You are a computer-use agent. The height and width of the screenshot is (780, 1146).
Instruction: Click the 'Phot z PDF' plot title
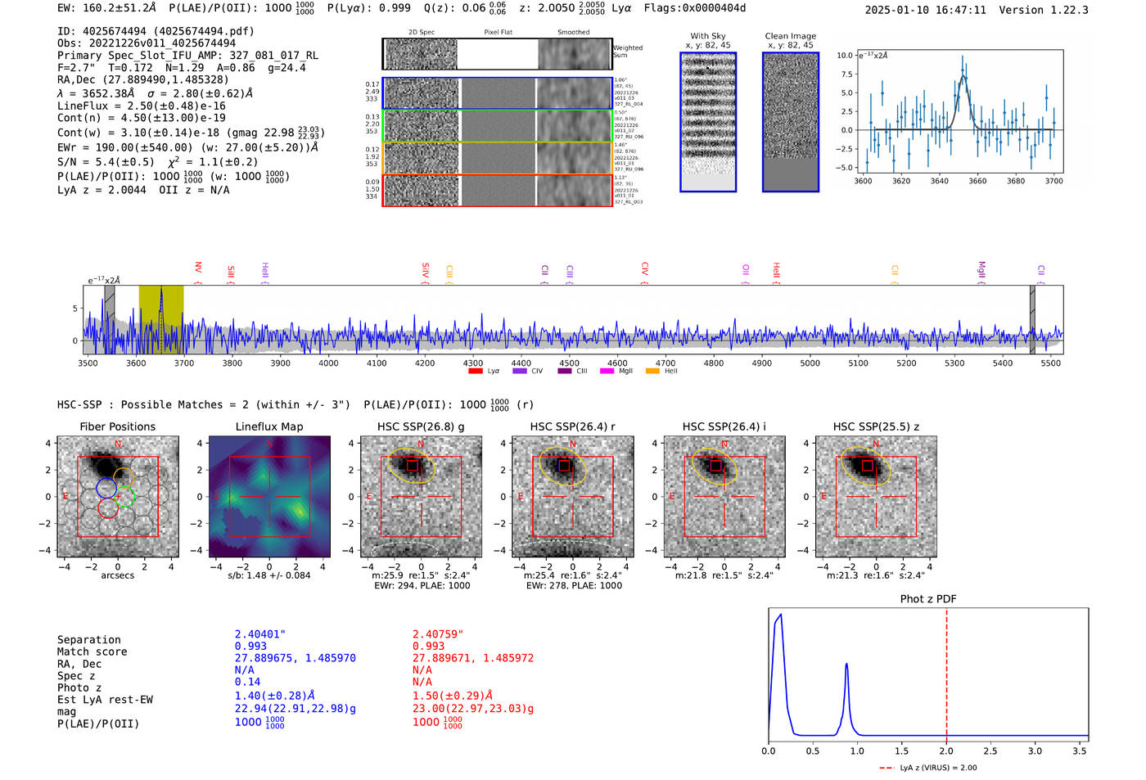pos(927,599)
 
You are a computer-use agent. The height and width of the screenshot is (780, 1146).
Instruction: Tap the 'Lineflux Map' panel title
pos(268,426)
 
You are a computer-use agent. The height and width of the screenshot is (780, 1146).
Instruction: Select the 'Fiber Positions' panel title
pos(117,426)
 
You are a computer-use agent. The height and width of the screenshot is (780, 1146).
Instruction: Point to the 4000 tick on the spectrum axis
pos(328,363)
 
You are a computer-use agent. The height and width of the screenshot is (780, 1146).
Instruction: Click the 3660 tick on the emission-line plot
pos(977,181)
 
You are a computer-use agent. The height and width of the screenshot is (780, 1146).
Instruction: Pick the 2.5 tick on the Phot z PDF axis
pos(990,751)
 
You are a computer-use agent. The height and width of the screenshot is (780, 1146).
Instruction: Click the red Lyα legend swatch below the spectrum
pos(476,372)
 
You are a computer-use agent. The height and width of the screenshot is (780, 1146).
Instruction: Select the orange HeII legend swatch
pos(652,372)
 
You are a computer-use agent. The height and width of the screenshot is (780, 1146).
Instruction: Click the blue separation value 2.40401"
pos(260,634)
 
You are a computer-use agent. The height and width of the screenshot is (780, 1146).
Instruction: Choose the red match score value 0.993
pos(428,647)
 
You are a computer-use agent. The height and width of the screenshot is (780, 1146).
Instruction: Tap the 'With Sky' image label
pos(707,36)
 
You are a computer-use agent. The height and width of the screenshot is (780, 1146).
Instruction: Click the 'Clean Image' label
pos(790,36)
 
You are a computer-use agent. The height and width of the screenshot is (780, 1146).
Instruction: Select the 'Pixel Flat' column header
pos(498,33)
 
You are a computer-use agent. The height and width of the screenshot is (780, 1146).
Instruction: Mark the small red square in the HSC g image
pos(413,466)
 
